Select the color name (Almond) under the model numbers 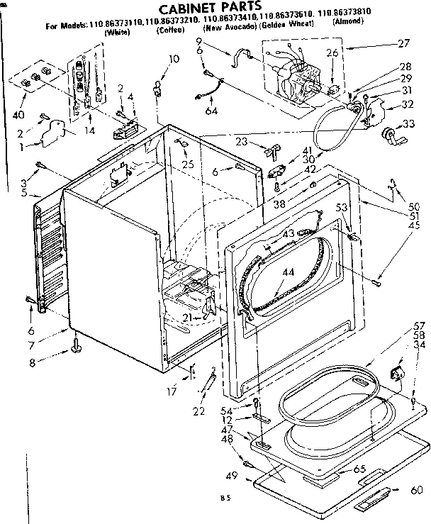click(348, 41)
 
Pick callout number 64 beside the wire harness click(211, 111)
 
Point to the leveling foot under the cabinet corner click(75, 347)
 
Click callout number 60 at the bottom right click(416, 490)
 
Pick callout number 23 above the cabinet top click(242, 141)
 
